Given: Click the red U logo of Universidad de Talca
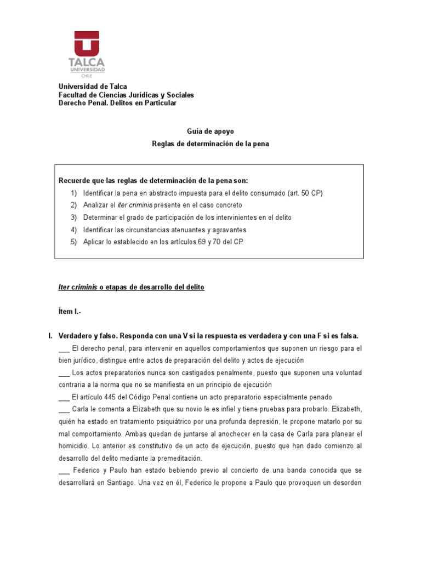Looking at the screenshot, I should click(87, 43).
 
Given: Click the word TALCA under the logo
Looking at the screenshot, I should click(87, 62).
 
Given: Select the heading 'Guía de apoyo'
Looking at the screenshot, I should click(210, 132).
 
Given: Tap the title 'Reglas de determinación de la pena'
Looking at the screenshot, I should click(210, 144).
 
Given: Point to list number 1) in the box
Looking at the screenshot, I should click(73, 193).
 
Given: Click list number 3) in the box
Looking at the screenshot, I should click(73, 217).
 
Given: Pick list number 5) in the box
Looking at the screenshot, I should click(73, 242).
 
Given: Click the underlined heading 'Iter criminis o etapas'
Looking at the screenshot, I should click(131, 288).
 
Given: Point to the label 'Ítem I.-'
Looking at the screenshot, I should click(69, 312).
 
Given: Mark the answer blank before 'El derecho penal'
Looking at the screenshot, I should click(63, 349).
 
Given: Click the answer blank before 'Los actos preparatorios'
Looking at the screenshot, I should click(63, 373).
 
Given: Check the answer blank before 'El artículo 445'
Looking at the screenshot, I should click(63, 397).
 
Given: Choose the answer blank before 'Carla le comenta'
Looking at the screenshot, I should click(63, 410).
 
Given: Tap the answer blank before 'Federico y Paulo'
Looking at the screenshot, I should click(63, 471).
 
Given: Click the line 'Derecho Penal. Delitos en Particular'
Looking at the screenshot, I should click(117, 103).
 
